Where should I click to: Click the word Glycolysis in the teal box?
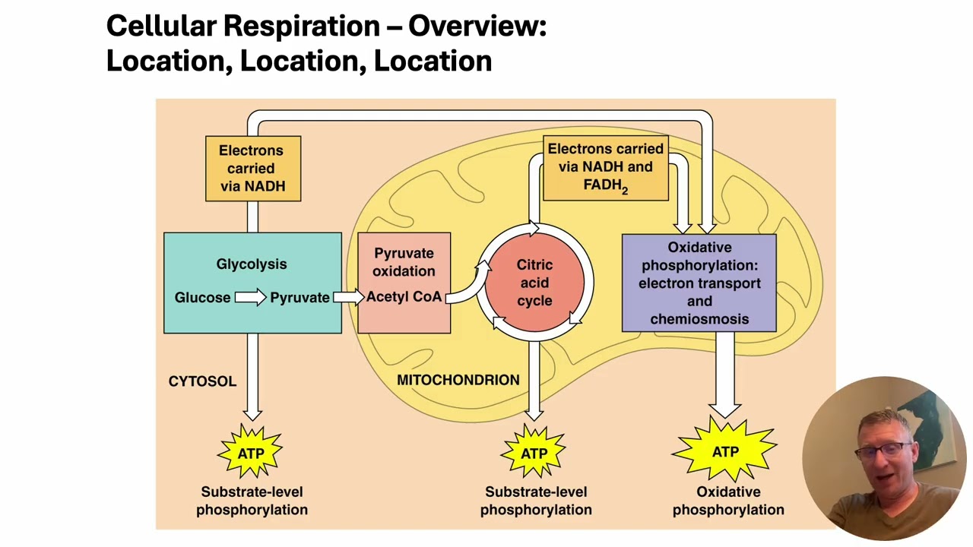tap(252, 264)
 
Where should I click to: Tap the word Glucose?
tap(202, 298)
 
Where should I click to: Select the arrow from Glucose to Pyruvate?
tap(250, 297)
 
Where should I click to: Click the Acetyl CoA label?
tap(404, 297)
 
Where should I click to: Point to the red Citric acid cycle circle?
tap(534, 283)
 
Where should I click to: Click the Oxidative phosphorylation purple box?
tap(699, 283)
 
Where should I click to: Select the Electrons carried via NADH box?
tap(252, 169)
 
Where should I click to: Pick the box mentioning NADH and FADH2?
tap(606, 168)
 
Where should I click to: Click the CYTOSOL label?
tap(202, 381)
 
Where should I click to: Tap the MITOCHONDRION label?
tap(458, 380)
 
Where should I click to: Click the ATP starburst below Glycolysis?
tap(251, 454)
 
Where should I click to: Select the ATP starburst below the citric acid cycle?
tap(534, 454)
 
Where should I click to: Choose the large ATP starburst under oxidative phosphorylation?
tap(725, 452)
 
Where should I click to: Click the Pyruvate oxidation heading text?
tap(404, 262)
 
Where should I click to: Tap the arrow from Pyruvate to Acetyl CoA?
tap(349, 297)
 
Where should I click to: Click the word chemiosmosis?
tap(699, 319)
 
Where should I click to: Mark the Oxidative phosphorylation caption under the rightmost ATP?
tap(728, 501)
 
